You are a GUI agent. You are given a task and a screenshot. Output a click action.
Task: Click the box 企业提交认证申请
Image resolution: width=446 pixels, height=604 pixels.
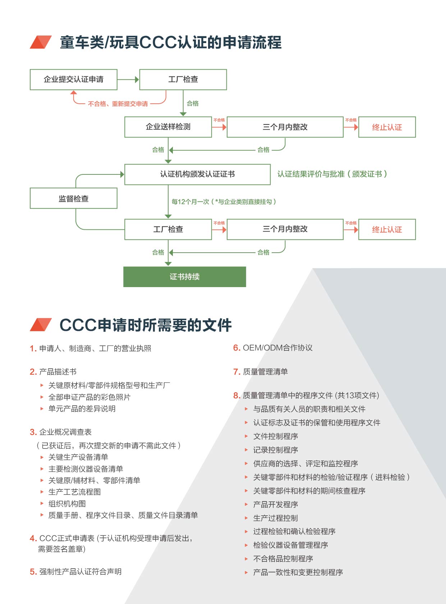click(73, 80)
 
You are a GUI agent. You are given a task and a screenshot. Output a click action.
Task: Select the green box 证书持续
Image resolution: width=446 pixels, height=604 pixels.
click(185, 277)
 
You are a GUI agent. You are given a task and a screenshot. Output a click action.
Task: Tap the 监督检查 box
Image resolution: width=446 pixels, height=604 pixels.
click(73, 198)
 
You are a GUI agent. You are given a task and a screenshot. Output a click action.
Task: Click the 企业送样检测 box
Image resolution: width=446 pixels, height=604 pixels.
click(168, 127)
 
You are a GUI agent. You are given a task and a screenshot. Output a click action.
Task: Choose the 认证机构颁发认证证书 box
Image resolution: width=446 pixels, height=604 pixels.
click(197, 174)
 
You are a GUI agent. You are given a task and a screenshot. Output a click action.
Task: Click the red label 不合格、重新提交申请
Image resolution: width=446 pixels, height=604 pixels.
click(118, 104)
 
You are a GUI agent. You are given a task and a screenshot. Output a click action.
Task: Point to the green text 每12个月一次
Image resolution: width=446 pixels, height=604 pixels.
click(190, 202)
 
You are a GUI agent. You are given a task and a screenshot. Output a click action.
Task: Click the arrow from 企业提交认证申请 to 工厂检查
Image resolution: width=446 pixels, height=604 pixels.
click(128, 80)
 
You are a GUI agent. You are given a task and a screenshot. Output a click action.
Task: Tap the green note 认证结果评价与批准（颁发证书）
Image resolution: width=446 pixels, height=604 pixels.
click(332, 174)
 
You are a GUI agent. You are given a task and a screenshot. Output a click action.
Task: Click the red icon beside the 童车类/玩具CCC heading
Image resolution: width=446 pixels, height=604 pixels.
click(41, 42)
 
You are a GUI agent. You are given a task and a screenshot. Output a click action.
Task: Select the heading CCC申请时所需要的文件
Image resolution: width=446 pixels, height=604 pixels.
click(146, 325)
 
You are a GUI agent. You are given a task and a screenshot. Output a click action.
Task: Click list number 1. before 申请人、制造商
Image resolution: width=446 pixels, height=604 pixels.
click(33, 348)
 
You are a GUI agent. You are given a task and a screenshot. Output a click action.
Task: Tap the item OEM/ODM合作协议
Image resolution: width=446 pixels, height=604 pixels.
click(277, 348)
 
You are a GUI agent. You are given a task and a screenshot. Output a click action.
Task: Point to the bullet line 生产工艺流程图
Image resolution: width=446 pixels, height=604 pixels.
click(74, 492)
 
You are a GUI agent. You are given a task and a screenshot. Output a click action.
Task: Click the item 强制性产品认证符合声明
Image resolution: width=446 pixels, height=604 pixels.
click(81, 572)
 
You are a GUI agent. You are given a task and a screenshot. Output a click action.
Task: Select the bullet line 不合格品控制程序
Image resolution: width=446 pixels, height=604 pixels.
click(283, 559)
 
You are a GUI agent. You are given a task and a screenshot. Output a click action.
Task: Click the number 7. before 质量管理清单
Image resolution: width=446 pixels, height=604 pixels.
click(237, 372)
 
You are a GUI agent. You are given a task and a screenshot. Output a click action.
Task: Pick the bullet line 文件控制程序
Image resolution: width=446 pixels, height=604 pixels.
click(275, 436)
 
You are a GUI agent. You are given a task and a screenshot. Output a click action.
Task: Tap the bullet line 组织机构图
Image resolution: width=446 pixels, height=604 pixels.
click(67, 504)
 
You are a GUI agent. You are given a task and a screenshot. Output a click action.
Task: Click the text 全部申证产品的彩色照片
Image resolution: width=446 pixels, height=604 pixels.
click(89, 397)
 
